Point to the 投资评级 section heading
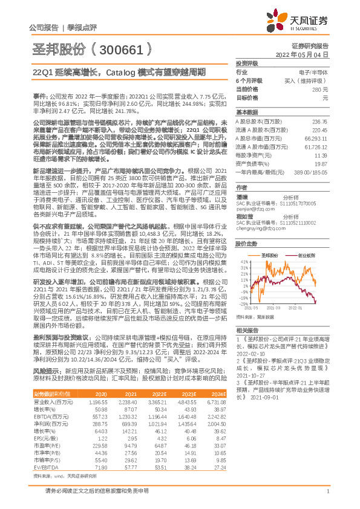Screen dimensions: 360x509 246,63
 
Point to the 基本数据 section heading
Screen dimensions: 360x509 246,112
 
